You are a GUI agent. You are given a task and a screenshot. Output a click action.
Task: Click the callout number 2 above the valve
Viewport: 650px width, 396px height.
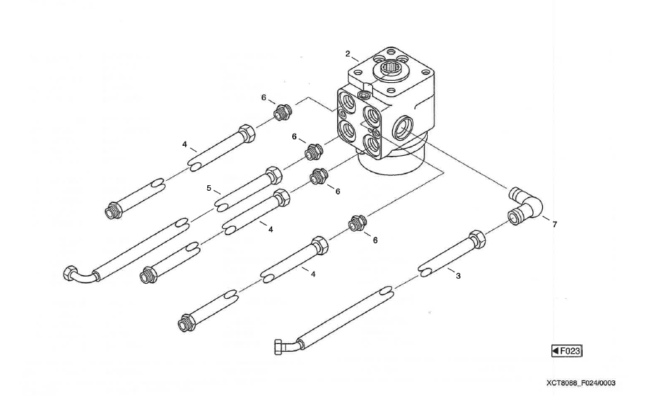click(x=348, y=54)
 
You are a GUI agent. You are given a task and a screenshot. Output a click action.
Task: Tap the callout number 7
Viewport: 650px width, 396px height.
click(x=555, y=224)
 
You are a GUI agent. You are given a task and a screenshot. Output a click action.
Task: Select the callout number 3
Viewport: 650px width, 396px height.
click(x=458, y=275)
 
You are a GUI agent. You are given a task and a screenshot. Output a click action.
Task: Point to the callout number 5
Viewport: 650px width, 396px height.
click(x=209, y=189)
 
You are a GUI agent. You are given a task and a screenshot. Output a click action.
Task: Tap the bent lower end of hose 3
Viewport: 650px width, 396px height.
click(x=286, y=346)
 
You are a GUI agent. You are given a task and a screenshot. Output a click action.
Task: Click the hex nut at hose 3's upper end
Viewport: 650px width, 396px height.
click(x=476, y=237)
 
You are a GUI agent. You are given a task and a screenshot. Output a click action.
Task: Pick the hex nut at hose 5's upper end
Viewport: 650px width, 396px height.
click(x=272, y=174)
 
